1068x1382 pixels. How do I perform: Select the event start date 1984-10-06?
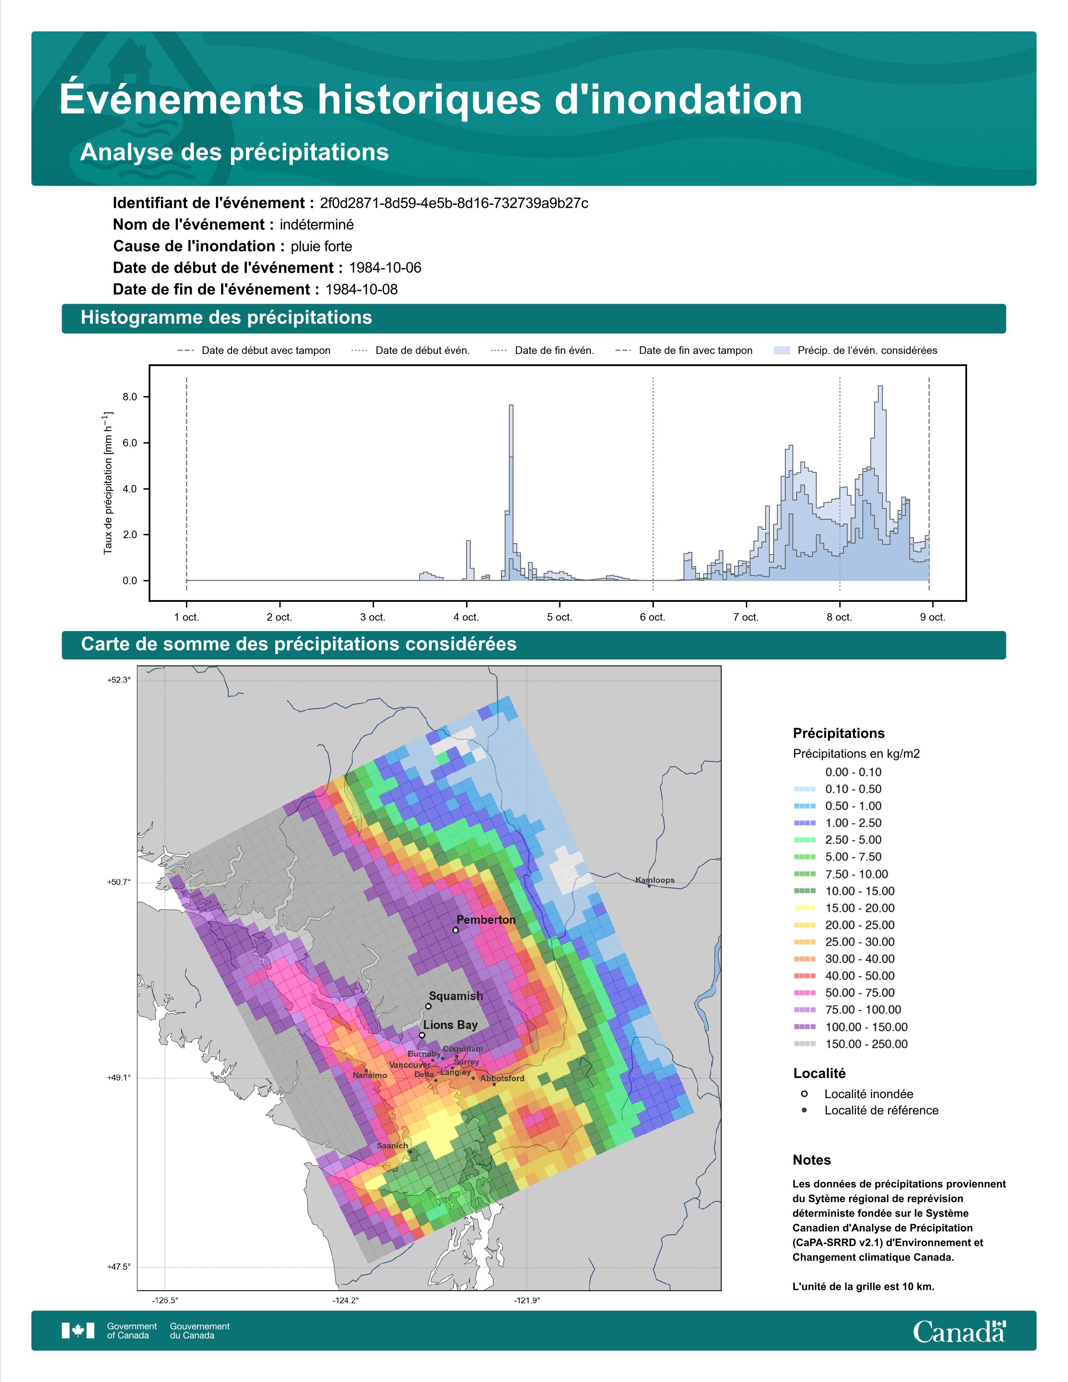click(x=384, y=268)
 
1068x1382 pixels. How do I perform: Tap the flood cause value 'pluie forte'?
click(x=321, y=246)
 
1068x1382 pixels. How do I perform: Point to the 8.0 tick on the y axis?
click(x=130, y=397)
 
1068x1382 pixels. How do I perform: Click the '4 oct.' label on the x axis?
click(x=466, y=617)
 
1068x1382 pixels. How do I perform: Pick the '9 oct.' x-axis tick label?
click(x=933, y=617)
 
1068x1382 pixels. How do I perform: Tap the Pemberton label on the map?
click(x=486, y=919)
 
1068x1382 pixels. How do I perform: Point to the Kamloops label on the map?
click(x=655, y=879)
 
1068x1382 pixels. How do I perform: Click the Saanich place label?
click(x=392, y=1145)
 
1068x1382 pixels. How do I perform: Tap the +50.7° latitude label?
click(x=119, y=882)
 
